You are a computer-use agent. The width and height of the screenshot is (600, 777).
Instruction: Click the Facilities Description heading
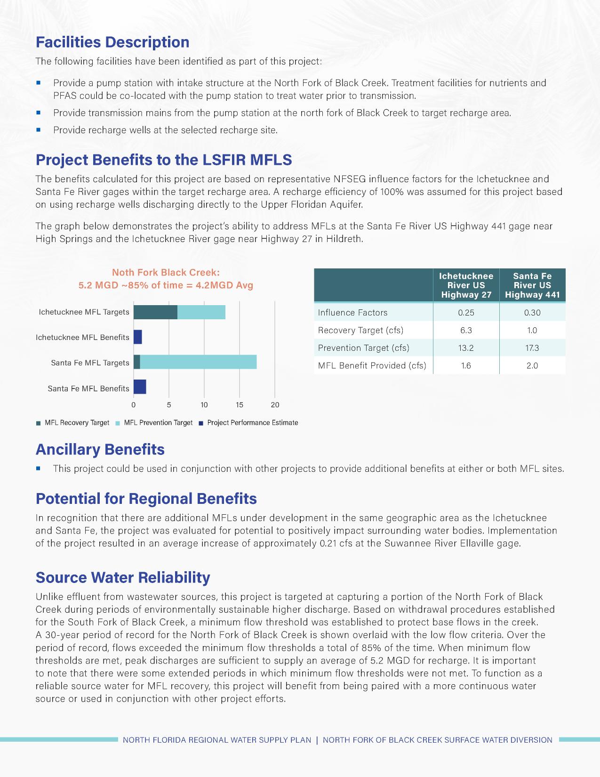tap(112, 42)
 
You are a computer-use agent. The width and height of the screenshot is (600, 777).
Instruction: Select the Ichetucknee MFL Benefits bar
tap(137, 337)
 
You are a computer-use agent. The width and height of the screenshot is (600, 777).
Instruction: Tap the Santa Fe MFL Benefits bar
tap(140, 387)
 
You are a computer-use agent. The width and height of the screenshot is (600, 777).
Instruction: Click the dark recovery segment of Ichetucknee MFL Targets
tap(155, 312)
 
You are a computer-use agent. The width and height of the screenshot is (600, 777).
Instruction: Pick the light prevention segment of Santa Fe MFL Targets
tap(198, 362)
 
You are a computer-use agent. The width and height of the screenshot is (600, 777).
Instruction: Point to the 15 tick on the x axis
tap(240, 405)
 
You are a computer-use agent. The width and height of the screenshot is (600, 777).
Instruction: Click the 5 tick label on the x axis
tap(168, 405)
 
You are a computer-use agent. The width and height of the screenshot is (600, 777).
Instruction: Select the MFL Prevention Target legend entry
tap(158, 423)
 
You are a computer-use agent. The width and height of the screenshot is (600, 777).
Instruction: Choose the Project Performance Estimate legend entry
tap(252, 423)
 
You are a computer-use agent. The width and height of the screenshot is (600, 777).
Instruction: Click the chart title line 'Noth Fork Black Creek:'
tap(166, 273)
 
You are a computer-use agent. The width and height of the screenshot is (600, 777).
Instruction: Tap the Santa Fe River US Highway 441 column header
tap(532, 285)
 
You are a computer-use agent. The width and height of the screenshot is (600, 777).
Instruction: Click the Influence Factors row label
tap(352, 313)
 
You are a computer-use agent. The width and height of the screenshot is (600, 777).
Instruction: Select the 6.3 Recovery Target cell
tap(466, 331)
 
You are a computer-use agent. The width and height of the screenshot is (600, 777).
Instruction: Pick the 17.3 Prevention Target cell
tap(532, 348)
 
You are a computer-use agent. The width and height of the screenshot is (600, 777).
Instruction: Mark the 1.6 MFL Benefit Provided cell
tap(466, 366)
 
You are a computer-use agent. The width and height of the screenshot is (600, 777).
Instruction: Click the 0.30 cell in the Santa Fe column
tap(532, 313)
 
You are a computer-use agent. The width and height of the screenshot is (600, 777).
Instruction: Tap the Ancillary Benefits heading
tap(100, 450)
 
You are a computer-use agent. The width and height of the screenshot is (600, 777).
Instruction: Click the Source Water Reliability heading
tap(123, 578)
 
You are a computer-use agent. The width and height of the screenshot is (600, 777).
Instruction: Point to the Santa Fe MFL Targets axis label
tap(90, 363)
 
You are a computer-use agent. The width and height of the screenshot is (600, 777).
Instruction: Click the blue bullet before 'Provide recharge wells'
tap(39, 129)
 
